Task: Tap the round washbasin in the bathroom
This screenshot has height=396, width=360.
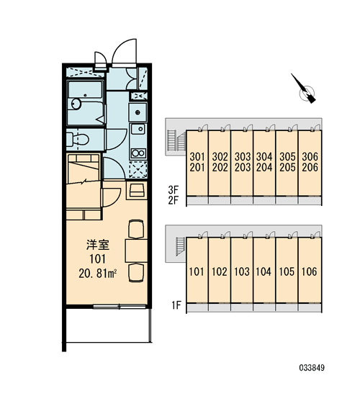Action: (x=76, y=104)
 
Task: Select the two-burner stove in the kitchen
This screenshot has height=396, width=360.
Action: (x=138, y=153)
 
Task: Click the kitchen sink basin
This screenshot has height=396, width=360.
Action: (x=138, y=129)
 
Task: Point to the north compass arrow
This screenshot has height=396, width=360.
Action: (x=304, y=89)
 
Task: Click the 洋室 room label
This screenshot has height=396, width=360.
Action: (x=98, y=245)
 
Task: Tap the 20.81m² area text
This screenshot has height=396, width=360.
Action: (x=98, y=274)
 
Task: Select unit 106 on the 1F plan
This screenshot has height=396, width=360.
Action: (x=310, y=271)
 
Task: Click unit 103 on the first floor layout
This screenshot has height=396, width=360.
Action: (x=242, y=271)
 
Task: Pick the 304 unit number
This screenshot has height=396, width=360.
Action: (x=264, y=157)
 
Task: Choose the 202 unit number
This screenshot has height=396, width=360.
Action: (x=220, y=168)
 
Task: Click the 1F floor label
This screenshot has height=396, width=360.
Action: (x=176, y=305)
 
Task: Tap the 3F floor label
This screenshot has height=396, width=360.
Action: (x=174, y=189)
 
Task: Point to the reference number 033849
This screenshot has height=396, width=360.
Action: (x=312, y=367)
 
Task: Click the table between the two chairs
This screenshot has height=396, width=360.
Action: (x=136, y=251)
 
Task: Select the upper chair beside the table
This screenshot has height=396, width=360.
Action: (x=136, y=229)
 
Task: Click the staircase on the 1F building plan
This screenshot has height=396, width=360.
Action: (x=181, y=246)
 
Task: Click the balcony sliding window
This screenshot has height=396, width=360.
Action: (x=120, y=307)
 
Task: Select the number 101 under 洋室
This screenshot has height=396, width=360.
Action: (x=97, y=259)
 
